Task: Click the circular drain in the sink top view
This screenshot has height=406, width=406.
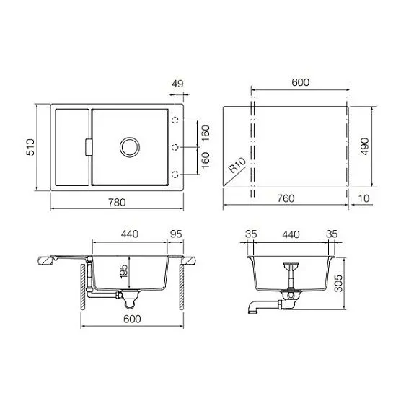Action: pyautogui.click(x=129, y=146)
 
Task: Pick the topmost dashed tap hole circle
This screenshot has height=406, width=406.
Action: pyautogui.click(x=175, y=120)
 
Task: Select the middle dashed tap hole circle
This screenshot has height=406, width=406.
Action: pyautogui.click(x=175, y=147)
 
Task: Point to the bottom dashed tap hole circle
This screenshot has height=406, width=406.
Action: pyautogui.click(x=175, y=173)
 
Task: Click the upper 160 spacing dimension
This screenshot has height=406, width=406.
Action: pyautogui.click(x=206, y=133)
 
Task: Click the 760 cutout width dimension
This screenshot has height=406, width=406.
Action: pyautogui.click(x=286, y=199)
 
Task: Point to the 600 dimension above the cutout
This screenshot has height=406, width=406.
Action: pyautogui.click(x=300, y=82)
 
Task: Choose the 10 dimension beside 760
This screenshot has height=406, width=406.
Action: pyautogui.click(x=363, y=199)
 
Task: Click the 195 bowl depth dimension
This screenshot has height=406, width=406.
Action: pyautogui.click(x=123, y=273)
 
